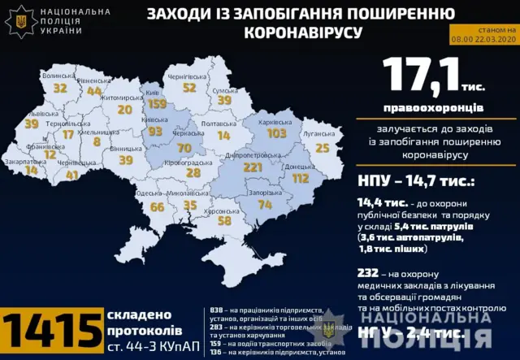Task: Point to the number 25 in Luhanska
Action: tap(323, 148)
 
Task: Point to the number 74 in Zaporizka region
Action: tap(265, 206)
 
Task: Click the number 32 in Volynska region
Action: tap(60, 88)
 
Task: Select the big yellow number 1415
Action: tap(53, 332)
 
